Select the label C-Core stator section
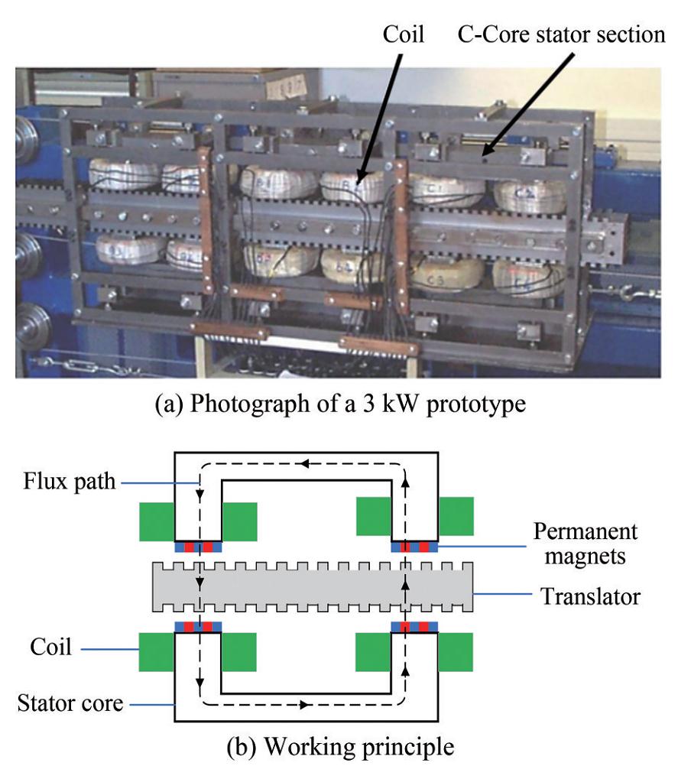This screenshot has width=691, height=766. point(561,34)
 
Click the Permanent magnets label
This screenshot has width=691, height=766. point(585,543)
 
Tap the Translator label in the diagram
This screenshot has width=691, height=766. point(590,596)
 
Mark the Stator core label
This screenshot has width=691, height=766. point(70,702)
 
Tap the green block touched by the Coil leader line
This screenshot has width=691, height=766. point(156,650)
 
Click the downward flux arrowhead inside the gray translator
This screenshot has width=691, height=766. point(200,584)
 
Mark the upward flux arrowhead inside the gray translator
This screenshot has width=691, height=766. point(405,584)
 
